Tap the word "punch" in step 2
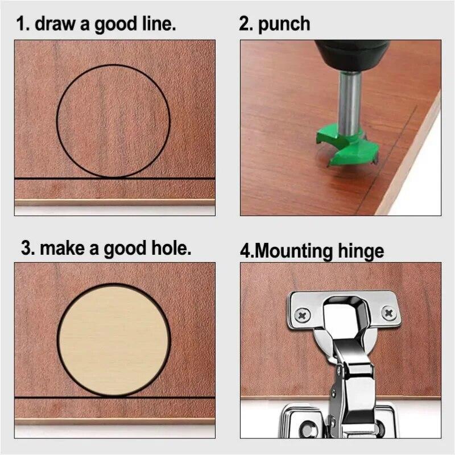click(284, 24)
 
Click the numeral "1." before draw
click(22, 24)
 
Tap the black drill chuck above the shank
click(347, 55)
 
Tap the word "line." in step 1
click(158, 24)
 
